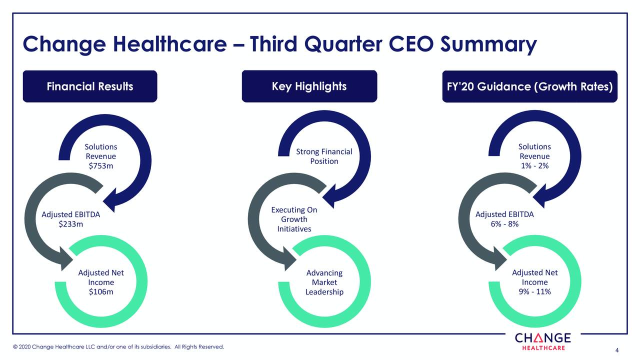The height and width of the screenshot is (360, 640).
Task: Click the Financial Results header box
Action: point(90,86)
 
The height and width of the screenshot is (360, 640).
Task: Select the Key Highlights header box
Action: point(309,86)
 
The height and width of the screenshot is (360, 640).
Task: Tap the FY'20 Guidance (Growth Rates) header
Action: point(529,86)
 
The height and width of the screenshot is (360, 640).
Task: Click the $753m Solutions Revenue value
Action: point(100,166)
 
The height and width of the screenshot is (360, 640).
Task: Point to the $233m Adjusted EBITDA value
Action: point(70,224)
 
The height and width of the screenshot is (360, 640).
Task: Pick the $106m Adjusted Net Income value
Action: point(100,292)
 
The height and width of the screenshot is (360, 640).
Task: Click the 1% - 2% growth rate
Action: point(534,166)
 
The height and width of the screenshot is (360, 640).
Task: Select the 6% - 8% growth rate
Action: point(504,224)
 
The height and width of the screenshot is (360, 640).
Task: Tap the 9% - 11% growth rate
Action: point(534,291)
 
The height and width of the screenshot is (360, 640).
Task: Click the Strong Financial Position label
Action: point(324,156)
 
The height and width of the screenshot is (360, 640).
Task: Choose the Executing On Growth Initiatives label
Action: point(294,219)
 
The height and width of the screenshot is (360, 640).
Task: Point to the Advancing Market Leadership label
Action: point(324,282)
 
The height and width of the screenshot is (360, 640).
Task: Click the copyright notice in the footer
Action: point(119,347)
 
